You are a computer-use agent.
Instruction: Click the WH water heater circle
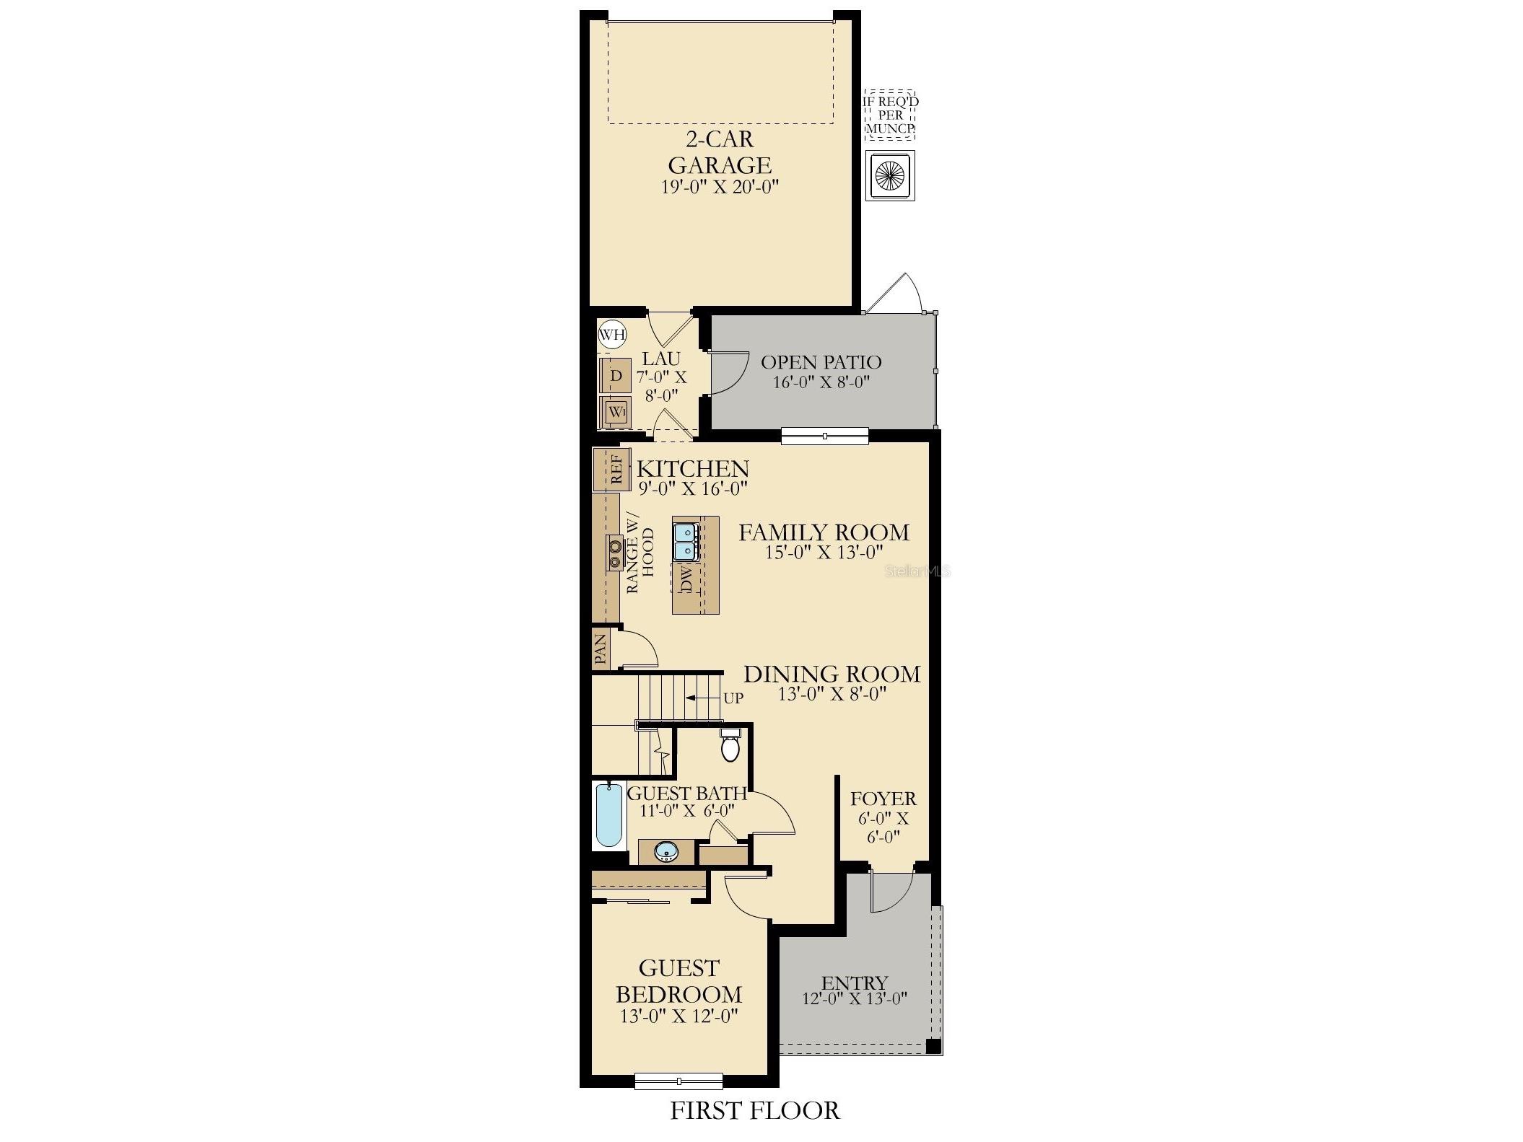pos(612,334)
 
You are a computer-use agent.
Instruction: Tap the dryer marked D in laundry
pos(615,376)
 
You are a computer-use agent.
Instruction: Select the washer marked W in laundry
pos(615,412)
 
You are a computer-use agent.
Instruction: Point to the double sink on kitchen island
pos(684,543)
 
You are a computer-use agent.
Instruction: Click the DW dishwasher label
pos(686,579)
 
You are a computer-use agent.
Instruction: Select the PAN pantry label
pos(600,649)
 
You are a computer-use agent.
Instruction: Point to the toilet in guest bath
pos(730,747)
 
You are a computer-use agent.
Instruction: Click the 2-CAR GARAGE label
pos(720,151)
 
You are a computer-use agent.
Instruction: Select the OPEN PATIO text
pos(821,361)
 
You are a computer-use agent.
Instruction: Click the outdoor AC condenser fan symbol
pos(890,175)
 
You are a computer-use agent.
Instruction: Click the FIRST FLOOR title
pos(755,1110)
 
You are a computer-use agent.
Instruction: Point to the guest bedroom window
pos(678,1081)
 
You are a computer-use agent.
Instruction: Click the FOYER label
pos(883,799)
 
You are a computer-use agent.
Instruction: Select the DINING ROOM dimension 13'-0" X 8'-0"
pos(832,694)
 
